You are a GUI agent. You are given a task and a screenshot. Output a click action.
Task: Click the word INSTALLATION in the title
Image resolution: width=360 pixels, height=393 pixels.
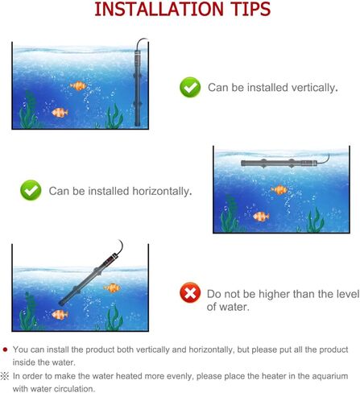tap(159, 9)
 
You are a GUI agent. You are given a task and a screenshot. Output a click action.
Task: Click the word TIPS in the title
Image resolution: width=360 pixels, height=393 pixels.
tap(250, 9)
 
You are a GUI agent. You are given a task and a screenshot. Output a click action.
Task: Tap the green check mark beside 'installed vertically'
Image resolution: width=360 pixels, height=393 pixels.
tap(190, 87)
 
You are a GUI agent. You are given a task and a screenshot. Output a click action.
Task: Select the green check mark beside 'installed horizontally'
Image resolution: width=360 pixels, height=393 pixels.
tap(31, 190)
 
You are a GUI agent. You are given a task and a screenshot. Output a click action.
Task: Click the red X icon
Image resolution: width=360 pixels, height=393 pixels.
tap(190, 292)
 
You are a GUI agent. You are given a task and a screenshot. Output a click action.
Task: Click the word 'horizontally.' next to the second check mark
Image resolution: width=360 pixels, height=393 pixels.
tap(162, 191)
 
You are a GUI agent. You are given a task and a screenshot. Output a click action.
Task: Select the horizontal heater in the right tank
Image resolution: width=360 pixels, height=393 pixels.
tap(279, 163)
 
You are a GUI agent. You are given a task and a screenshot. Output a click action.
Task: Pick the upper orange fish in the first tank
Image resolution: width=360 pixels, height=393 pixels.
tap(78, 86)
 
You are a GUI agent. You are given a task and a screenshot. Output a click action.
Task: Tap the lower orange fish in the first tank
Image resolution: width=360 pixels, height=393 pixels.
tap(60, 113)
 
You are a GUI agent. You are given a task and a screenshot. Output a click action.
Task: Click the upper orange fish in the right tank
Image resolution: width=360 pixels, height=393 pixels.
tap(279, 190)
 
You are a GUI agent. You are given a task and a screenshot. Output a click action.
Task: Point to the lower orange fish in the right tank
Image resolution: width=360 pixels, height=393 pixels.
tap(261, 217)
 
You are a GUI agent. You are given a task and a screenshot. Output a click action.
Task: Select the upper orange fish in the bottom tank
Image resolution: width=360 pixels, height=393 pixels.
tap(113, 288)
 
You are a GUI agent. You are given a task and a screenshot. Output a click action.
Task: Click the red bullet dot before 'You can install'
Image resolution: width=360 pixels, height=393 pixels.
tap(5, 350)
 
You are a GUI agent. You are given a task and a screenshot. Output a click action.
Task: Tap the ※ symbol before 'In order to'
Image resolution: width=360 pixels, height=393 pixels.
tap(5, 376)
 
